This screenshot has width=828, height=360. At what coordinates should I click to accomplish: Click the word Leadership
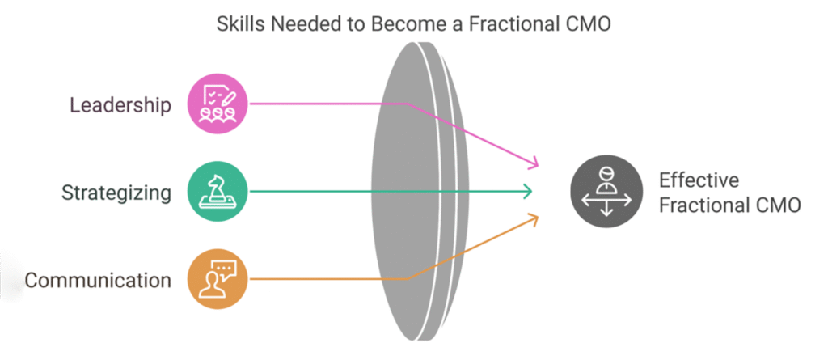[120, 105]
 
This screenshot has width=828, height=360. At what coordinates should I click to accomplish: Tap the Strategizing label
[116, 193]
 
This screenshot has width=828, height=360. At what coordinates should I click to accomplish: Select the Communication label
[98, 281]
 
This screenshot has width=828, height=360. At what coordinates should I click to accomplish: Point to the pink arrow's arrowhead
[533, 165]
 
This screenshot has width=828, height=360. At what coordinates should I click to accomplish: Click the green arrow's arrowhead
[528, 192]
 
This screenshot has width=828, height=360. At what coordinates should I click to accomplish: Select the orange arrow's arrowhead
[533, 216]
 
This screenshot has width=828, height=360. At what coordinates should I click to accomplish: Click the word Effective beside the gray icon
[699, 180]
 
